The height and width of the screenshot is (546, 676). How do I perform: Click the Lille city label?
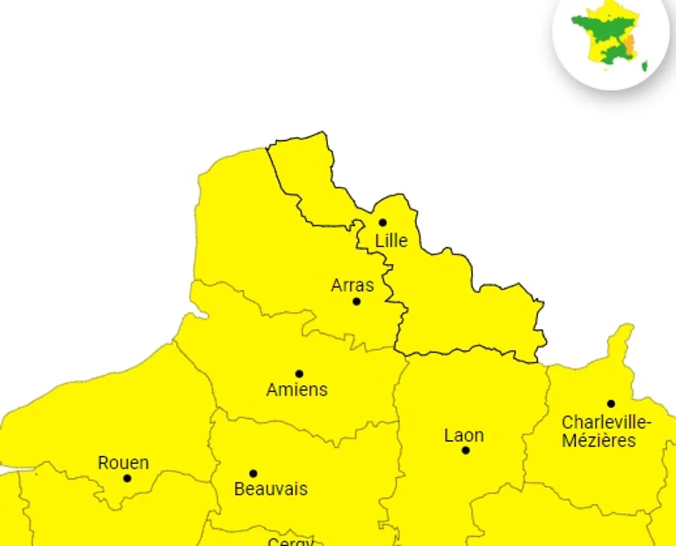click(x=391, y=240)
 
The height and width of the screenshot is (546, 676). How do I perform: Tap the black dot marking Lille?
click(x=382, y=223)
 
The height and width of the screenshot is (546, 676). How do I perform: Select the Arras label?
click(x=352, y=285)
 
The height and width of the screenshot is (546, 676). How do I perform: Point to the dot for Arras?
click(x=356, y=301)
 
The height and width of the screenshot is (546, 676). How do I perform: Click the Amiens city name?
click(x=297, y=389)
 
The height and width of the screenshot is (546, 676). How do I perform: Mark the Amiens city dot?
click(x=299, y=374)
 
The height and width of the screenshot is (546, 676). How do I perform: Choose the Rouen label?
click(x=123, y=462)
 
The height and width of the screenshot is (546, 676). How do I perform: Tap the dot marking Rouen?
click(x=127, y=478)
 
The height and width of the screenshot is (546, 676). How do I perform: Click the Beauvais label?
click(x=271, y=489)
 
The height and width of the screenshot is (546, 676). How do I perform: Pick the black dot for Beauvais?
click(x=253, y=473)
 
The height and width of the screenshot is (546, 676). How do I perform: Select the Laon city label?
click(x=464, y=435)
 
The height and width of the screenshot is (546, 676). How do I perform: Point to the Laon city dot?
click(x=466, y=450)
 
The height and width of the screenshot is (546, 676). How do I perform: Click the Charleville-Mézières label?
click(x=607, y=432)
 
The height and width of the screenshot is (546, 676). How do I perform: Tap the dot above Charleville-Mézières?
click(x=611, y=404)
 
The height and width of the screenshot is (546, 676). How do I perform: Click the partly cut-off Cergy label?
click(x=291, y=542)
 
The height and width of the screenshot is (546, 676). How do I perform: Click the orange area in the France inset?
click(x=629, y=44)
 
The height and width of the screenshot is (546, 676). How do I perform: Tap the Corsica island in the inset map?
click(x=645, y=66)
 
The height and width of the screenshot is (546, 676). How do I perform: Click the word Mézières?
click(x=599, y=440)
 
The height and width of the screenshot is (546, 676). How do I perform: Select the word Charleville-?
click(x=607, y=423)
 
